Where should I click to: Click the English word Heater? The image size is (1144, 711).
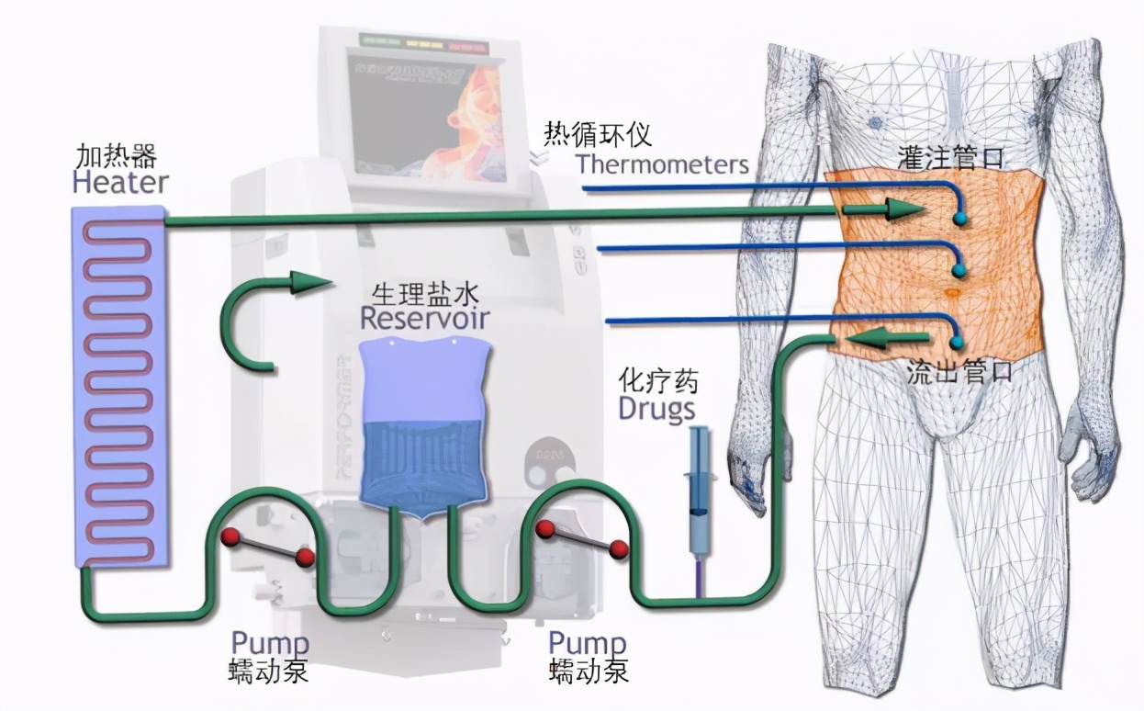tap(120, 182)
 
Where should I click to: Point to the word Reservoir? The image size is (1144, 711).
tap(424, 319)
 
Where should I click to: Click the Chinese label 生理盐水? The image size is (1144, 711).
tap(424, 294)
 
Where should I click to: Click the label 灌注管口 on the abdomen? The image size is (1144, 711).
tap(951, 160)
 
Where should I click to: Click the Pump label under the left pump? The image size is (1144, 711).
tap(269, 643)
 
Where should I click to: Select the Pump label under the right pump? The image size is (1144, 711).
tap(588, 643)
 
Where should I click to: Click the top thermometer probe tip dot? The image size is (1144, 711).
tap(960, 219)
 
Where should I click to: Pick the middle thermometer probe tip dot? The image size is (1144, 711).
tap(960, 271)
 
